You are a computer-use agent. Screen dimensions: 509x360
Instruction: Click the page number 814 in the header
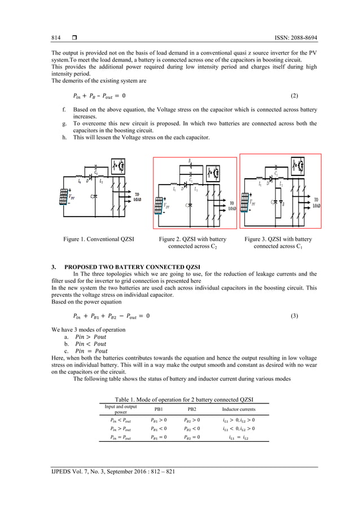click(56, 38)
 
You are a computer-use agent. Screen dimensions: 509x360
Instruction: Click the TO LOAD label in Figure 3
click(317, 203)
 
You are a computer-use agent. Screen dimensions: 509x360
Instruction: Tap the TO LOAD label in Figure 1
click(137, 197)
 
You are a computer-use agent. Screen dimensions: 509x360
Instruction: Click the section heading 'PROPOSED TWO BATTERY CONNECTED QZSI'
click(133, 266)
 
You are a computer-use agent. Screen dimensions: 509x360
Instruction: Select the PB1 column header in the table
click(159, 409)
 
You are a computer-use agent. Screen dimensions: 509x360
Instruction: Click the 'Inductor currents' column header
click(239, 409)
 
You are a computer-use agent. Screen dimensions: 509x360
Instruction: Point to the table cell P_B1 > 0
click(159, 420)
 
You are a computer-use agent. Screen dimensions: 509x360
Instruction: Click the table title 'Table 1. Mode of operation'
click(179, 398)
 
